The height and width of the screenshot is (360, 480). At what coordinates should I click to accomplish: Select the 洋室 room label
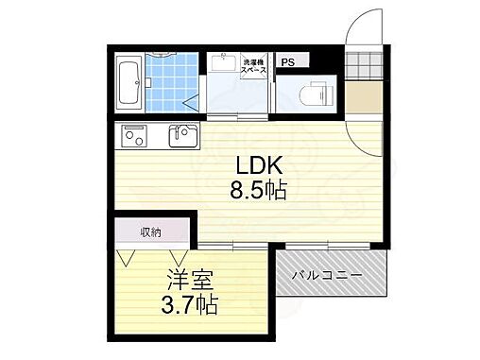click(x=189, y=282)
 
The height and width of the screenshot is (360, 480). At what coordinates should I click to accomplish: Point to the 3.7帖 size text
click(x=189, y=304)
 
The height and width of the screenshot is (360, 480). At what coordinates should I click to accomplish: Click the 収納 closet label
click(x=151, y=231)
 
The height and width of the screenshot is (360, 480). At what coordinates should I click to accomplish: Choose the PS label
click(x=287, y=61)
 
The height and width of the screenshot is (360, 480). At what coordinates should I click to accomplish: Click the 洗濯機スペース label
click(x=254, y=66)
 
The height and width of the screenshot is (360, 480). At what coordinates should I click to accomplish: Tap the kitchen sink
click(x=182, y=136)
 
